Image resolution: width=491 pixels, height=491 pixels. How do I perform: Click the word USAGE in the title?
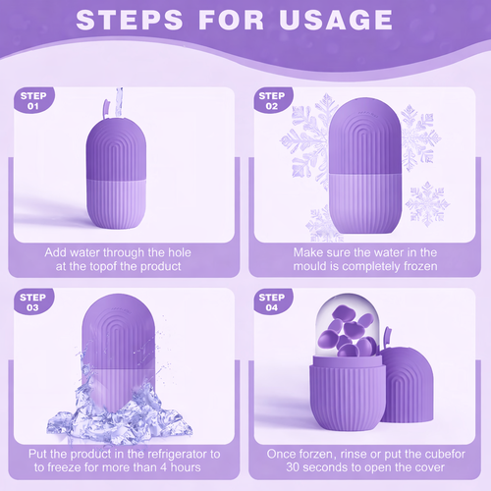click(x=336, y=20)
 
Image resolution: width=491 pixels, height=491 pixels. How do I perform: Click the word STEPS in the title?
click(x=130, y=20)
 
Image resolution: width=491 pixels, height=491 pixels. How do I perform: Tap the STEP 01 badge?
click(x=33, y=100)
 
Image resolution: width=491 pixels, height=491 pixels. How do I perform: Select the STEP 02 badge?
click(x=272, y=100)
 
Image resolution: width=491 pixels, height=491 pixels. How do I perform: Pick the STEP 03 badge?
click(x=33, y=301)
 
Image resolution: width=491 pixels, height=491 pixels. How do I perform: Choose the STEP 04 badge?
click(x=272, y=301)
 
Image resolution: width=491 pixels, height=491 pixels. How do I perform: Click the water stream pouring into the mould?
click(x=119, y=102)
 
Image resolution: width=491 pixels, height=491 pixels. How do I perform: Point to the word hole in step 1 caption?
click(x=180, y=252)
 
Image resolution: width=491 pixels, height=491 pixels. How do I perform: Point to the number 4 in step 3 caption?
click(x=163, y=467)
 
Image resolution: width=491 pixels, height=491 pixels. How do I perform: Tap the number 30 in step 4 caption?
click(x=293, y=467)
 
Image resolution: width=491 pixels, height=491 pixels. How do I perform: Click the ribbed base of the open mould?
click(x=348, y=393)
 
